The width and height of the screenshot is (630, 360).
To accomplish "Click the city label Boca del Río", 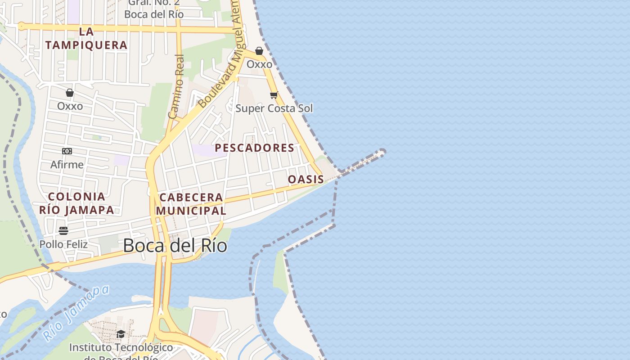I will point(175,246).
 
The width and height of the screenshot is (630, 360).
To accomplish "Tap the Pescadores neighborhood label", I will point(254,148).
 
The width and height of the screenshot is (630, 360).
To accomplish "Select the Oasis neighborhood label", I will point(306,179).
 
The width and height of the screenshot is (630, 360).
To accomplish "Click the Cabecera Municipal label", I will point(191,204).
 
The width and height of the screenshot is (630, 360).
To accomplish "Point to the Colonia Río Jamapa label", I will point(76,203).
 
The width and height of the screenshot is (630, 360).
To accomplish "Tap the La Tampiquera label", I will point(86,38).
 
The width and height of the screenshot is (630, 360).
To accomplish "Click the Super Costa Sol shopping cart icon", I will point(274,95).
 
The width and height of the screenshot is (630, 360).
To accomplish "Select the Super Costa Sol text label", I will point(274,108).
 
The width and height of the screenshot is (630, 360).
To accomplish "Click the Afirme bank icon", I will point(67,151).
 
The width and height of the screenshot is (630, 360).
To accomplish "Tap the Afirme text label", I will point(67,165).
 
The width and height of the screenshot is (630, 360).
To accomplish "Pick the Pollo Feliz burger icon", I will point(63,231).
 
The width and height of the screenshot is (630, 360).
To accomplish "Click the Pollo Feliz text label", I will point(63,244).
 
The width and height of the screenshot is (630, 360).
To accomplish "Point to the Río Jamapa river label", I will point(76,313).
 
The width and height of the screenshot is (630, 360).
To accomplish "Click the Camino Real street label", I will point(176,86).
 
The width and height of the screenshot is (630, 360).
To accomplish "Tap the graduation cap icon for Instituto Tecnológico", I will point(121,334).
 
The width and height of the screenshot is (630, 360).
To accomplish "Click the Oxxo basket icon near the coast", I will point(259,51).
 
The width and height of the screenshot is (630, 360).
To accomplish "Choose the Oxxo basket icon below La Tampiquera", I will point(70,93).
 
